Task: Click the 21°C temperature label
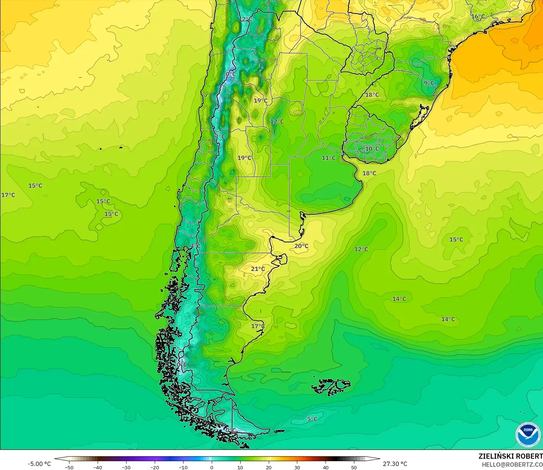tap(258, 269)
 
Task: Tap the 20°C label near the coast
tap(301, 246)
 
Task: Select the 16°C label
tap(478, 16)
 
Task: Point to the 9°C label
tap(429, 83)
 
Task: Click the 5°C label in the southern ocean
tap(312, 419)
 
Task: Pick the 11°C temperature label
tap(328, 158)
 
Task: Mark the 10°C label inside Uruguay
tap(372, 149)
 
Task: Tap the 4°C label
tap(196, 246)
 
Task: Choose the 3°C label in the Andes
tap(220, 137)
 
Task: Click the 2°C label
tap(247, 19)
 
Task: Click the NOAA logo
tap(528, 434)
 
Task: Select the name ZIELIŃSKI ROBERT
tap(510, 456)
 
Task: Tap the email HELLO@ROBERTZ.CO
tap(512, 465)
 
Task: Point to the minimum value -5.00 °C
tap(39, 464)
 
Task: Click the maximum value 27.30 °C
tap(395, 464)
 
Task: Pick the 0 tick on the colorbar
tap(212, 467)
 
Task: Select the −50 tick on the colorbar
tap(69, 467)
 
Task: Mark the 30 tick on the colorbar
tap(297, 467)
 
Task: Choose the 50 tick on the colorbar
tap(354, 467)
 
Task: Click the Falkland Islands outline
tap(331, 386)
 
